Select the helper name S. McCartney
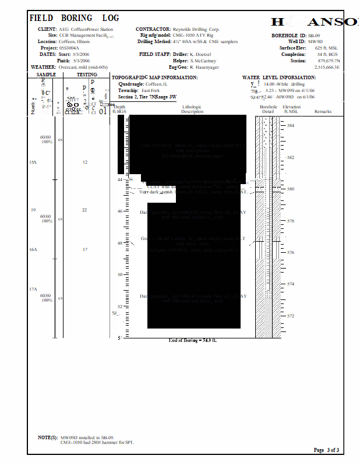(203, 61)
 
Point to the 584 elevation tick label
(291, 126)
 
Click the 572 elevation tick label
(291, 316)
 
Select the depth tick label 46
(120, 211)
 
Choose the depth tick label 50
(120, 274)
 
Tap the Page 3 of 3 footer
(326, 450)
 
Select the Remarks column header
(323, 111)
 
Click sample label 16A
(33, 249)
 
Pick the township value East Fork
(150, 91)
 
